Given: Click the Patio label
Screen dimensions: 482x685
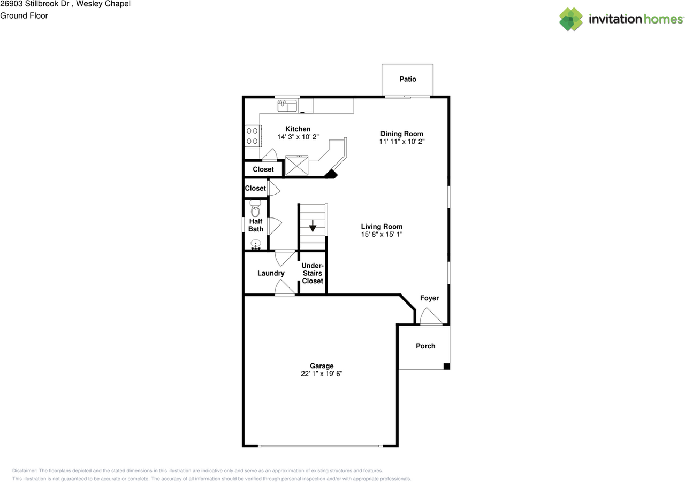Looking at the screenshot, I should [x=407, y=79].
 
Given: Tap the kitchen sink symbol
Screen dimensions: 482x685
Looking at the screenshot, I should [x=287, y=106].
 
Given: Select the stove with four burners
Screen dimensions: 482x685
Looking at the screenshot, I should [x=253, y=136].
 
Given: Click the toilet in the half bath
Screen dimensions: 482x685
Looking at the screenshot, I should [x=255, y=209].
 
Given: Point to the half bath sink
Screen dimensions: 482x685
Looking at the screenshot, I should [x=255, y=245].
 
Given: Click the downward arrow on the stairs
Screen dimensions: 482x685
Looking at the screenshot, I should [x=313, y=226].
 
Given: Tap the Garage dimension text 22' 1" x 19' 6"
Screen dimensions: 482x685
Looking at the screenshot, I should [x=321, y=374].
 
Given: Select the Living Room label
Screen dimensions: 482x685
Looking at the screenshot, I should [x=381, y=227].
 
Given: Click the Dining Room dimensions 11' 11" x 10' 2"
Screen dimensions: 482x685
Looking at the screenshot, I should [x=401, y=142].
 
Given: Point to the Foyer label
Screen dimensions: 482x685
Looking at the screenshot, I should [x=429, y=298].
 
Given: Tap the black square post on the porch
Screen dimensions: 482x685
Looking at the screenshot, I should [x=446, y=366].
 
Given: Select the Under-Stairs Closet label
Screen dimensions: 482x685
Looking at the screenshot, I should [x=312, y=273].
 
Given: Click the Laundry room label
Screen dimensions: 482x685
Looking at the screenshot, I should [x=271, y=274].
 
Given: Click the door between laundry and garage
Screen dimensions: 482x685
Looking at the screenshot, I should [x=284, y=289].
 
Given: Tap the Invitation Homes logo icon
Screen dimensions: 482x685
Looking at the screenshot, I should [x=571, y=19].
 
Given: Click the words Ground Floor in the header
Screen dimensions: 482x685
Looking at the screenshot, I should [x=24, y=15].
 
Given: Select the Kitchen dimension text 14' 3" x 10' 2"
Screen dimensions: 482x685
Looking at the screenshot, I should [x=298, y=137].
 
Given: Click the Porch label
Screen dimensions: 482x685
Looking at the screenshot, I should [x=425, y=346].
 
